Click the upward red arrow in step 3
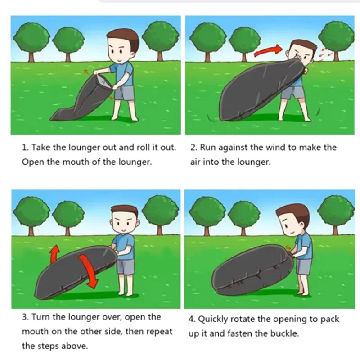click(x=54, y=253)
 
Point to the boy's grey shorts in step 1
click(x=124, y=93)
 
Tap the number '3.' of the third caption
click(x=25, y=317)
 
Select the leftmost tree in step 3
click(x=31, y=216)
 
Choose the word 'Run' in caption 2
click(x=208, y=148)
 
